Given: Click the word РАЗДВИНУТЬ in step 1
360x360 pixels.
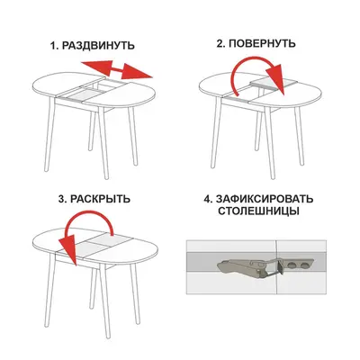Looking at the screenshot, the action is [98, 46].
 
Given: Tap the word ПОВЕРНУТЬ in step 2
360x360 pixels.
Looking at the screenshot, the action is [262, 43].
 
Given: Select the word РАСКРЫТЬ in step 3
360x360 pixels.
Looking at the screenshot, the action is [100, 199].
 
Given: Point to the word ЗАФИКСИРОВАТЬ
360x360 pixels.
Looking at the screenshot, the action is [265, 199].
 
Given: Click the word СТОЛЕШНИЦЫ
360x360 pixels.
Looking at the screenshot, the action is [258, 211].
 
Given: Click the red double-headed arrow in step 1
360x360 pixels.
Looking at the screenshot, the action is [117, 69].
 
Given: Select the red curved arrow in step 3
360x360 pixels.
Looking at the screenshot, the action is [90, 228].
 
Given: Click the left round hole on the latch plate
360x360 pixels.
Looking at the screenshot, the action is [292, 265].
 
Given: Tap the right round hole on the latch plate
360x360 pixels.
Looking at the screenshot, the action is [305, 265].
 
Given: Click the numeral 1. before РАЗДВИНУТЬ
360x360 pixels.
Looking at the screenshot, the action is [54, 46].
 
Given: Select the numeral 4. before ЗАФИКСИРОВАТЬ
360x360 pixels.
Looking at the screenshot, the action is [208, 199].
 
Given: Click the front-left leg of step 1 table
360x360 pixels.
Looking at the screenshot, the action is [49, 136].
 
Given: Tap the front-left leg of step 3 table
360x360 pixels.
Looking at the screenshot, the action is [49, 291].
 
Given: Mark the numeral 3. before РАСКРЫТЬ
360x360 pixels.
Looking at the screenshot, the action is [63, 199].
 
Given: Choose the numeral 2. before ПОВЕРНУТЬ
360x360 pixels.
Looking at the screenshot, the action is [221, 43].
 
